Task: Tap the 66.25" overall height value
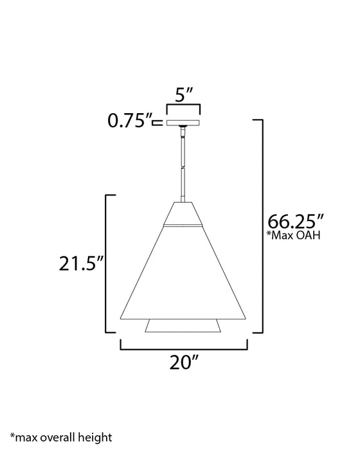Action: pos(296,221)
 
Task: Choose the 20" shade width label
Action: pos(184,362)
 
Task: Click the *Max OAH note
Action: pos(293,235)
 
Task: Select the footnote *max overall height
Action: pos(61,438)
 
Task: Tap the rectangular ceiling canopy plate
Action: pos(183,123)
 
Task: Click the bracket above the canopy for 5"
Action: pos(183,105)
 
